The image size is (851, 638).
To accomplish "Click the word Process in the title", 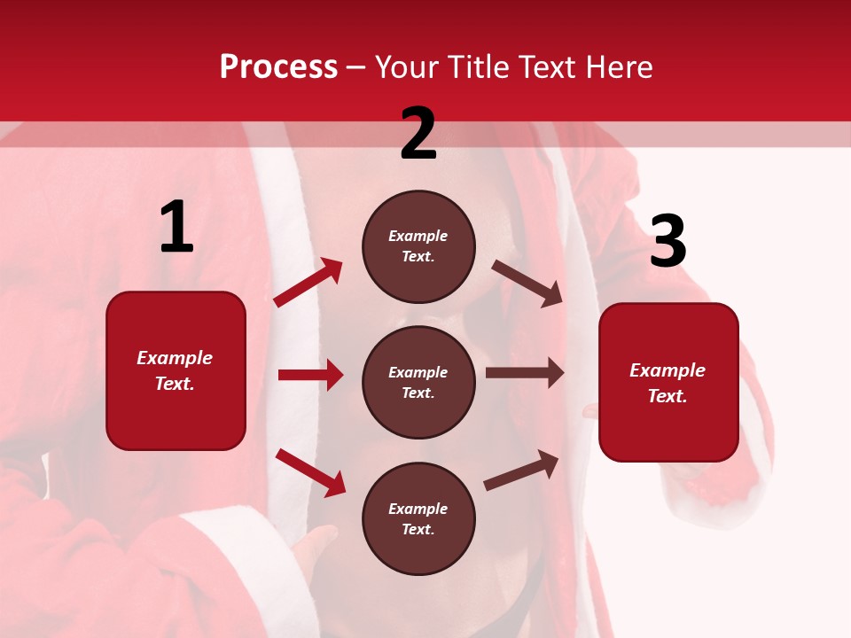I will pos(278,67).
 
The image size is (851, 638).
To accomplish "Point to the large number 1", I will pos(176,229).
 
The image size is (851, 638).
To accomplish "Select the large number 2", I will pos(418,135).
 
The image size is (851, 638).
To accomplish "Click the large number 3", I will pos(668,242).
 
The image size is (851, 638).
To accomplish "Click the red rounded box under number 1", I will pos(176,370).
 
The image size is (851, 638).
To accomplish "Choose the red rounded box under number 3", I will pos(668,383).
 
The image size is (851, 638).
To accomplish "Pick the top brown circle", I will pos(418,246).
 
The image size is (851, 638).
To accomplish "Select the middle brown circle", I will pos(418,382).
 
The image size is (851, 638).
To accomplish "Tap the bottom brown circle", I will pos(418,518).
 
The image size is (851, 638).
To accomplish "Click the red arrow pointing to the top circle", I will pos(308,283).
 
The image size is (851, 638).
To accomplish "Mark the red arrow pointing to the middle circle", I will pos(310,375).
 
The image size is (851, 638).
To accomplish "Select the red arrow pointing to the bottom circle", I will pos(310,472).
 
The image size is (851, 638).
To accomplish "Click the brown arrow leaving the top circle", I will pos(527,284).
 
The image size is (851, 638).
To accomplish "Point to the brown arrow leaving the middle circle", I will pos(525,373).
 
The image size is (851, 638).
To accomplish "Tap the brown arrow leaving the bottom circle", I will pos(521,471).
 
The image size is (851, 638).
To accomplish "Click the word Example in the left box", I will pos(175,358).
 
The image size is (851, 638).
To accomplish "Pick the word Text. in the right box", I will pos(668,396).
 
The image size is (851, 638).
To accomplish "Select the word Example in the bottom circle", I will pos(418,509).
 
